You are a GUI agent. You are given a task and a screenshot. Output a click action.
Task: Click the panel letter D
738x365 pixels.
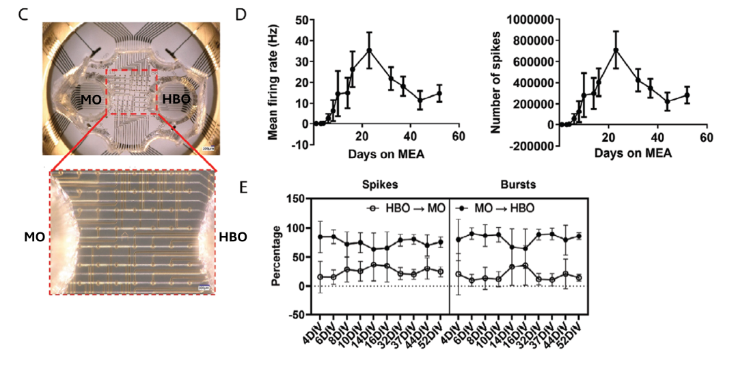click(240, 14)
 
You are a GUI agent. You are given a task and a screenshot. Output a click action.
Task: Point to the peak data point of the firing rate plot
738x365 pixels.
click(369, 50)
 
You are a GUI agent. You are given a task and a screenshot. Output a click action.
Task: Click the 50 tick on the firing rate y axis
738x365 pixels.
click(299, 20)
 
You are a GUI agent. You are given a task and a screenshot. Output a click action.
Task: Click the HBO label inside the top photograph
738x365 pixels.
click(176, 100)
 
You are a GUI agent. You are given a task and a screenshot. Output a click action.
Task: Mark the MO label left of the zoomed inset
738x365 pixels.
click(33, 237)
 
